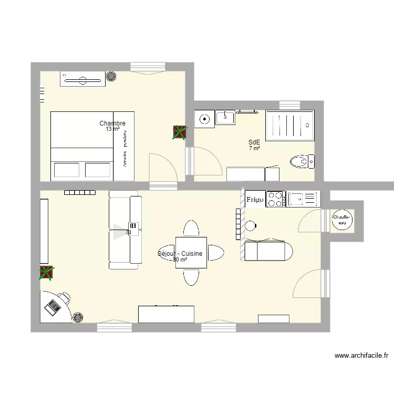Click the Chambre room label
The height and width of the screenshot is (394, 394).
[112, 124]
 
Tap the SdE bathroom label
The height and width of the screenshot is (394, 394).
[254, 142]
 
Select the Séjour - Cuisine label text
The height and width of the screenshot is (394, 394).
[180, 254]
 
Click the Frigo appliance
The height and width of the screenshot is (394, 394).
[255, 199]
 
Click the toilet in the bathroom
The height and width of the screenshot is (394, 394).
[302, 161]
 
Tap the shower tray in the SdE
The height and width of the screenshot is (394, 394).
[290, 125]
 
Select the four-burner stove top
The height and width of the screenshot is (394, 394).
[275, 199]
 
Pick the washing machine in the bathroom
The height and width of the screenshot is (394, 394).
[204, 119]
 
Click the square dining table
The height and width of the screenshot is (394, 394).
[191, 253]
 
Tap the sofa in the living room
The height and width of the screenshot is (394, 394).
[125, 230]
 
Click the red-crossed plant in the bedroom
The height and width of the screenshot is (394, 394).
[179, 132]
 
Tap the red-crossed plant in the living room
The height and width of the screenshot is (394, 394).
[47, 273]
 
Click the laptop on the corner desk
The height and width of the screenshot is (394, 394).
[53, 306]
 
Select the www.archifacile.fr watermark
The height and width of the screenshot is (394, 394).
[361, 356]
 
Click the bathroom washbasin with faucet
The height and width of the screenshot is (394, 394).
[226, 116]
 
